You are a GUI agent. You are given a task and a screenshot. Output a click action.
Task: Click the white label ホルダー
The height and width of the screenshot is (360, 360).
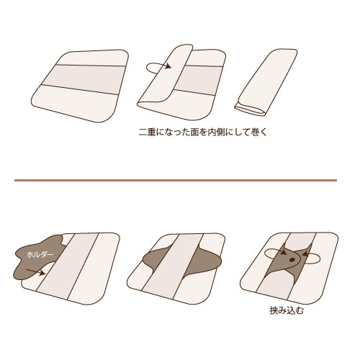coord(40,255)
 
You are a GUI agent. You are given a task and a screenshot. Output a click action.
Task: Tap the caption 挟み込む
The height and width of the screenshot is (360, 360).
coord(287,311)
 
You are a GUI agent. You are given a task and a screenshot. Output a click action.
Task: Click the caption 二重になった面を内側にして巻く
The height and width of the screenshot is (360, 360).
coord(203,132)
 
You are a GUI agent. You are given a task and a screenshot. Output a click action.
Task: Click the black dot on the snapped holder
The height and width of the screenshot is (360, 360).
coord(292,259)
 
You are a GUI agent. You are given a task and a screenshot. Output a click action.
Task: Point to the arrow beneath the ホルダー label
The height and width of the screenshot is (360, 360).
coord(35,271)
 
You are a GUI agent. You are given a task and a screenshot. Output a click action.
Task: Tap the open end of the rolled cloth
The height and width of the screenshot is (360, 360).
coord(250,109)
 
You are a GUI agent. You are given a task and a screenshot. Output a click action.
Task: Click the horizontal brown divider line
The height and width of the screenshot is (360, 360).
coord(176,180)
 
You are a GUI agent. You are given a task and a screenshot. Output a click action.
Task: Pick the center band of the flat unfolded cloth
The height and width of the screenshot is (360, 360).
coord(82,78)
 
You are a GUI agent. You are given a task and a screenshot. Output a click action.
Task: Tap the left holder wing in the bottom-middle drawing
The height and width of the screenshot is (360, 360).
coord(157,259)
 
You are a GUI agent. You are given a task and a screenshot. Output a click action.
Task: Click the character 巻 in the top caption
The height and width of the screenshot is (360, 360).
coord(255,132)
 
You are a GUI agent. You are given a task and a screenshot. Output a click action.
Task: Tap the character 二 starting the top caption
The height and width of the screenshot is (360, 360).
coord(143,132)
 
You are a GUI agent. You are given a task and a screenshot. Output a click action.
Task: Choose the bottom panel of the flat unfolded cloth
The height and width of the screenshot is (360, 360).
coord(74,103)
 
